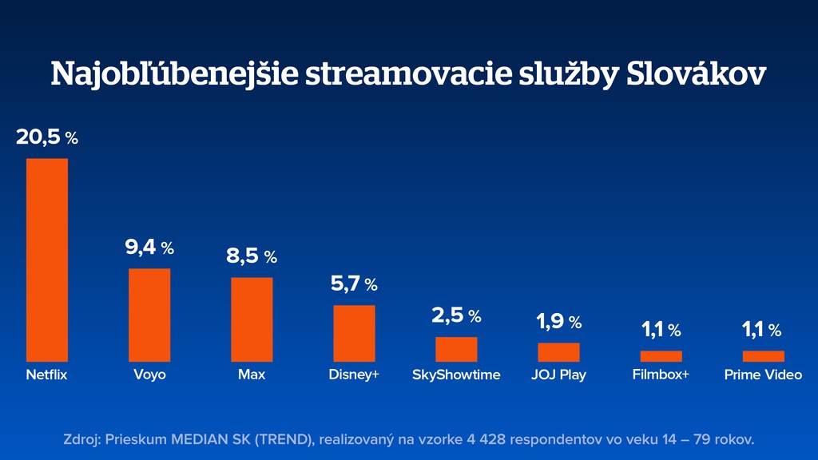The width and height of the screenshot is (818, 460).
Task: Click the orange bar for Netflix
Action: pos(47,260)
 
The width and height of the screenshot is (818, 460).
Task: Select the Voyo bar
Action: pos(149,315)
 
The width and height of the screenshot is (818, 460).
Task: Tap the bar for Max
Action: pos(252,319)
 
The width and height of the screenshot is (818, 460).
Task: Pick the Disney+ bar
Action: pos(354,333)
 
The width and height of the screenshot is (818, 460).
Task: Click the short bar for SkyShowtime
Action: pos(456,349)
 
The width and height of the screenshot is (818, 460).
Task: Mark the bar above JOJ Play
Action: pos(558,352)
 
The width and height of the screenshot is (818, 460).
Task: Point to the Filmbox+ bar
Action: pos(661,356)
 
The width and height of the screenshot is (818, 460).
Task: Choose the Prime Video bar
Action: pos(763,356)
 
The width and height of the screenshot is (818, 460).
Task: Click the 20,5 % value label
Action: pos(47,137)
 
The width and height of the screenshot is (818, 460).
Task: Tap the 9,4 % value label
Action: pos(149,248)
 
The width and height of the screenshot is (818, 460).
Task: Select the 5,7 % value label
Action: pos(354,284)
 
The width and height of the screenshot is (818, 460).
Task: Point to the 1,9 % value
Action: pos(558,322)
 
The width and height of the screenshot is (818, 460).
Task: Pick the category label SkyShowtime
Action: pos(456,375)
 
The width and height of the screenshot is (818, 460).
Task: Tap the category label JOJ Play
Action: pos(558,375)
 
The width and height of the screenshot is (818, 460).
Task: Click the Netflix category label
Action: pos(47,375)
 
